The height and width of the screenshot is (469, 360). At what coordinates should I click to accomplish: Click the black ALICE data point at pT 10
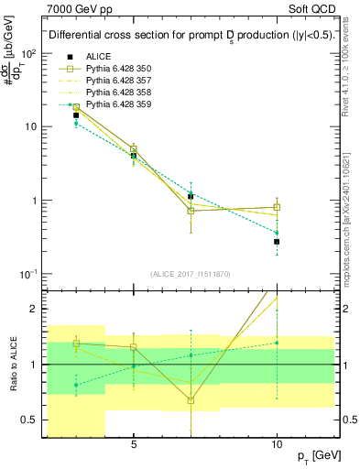(277, 242)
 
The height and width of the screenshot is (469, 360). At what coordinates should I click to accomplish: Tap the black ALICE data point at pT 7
(191, 196)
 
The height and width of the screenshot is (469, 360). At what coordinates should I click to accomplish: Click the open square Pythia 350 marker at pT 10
(277, 207)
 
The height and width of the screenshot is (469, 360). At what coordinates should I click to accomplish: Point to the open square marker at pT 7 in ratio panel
(191, 400)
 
